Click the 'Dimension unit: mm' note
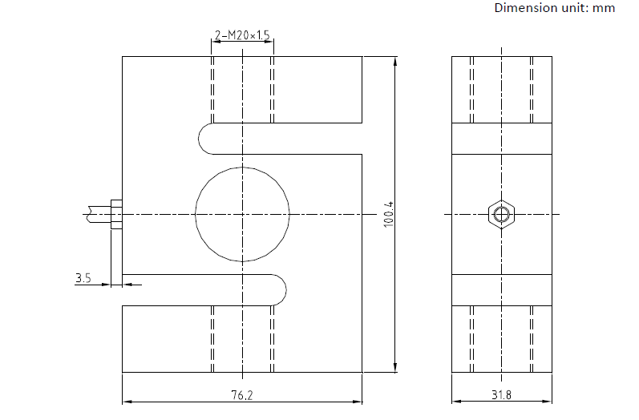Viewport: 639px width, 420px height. coord(555,8)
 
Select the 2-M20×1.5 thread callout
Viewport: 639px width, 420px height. coord(242,35)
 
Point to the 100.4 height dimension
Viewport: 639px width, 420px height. coord(389,214)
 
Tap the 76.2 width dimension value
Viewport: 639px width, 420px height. coord(242,395)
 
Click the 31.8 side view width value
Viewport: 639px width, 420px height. coord(501,395)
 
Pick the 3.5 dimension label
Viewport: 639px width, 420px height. coord(83,278)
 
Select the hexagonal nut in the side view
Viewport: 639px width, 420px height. coord(501,214)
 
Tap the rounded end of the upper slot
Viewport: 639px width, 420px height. coord(200,139)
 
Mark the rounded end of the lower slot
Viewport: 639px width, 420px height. coord(285,289)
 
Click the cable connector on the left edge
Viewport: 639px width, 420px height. coord(116,214)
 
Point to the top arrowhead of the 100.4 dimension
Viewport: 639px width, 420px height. coord(394,62)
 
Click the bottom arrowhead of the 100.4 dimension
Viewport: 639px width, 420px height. coord(394,367)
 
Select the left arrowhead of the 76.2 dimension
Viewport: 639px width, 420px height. coord(127,402)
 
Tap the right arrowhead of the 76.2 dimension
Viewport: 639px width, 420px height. coord(357,402)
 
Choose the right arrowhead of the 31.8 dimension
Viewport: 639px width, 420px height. coord(547,402)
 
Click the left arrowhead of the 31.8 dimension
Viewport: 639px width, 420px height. coord(457,402)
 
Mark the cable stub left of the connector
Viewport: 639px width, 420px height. coord(98,214)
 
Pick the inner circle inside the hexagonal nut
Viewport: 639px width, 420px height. coord(501,214)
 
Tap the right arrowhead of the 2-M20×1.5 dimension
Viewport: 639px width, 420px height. coord(269,41)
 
